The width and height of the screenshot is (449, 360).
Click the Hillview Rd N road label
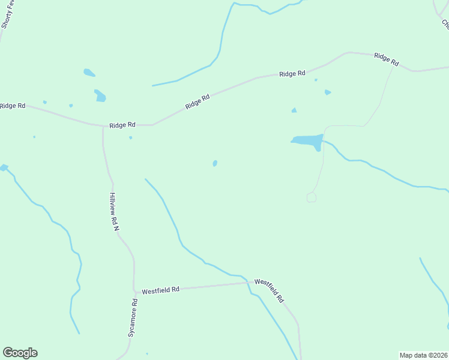pos(114,213)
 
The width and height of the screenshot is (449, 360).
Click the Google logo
pos(20,353)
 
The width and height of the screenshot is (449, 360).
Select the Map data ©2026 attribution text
pos(423,355)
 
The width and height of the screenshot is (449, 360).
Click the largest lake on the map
pos(307,140)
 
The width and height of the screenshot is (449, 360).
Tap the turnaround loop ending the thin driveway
pos(311,197)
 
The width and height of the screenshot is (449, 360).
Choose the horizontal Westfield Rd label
pos(160,289)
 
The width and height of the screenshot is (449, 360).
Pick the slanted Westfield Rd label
pos(269,290)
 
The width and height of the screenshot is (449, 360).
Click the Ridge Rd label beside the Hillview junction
pos(122,125)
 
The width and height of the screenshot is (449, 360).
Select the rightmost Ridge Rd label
pos(386,59)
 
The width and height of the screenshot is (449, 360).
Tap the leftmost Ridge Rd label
pos(13,106)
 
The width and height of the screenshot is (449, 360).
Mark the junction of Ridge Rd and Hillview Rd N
pos(103,126)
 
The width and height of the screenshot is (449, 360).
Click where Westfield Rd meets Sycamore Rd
pos(134,292)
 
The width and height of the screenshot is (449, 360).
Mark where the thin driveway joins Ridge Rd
pos(394,64)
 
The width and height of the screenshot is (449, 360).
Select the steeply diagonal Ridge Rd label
pos(197,101)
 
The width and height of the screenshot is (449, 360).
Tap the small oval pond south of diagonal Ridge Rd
pos(215,163)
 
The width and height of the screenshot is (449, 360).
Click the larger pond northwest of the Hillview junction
pos(100,95)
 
